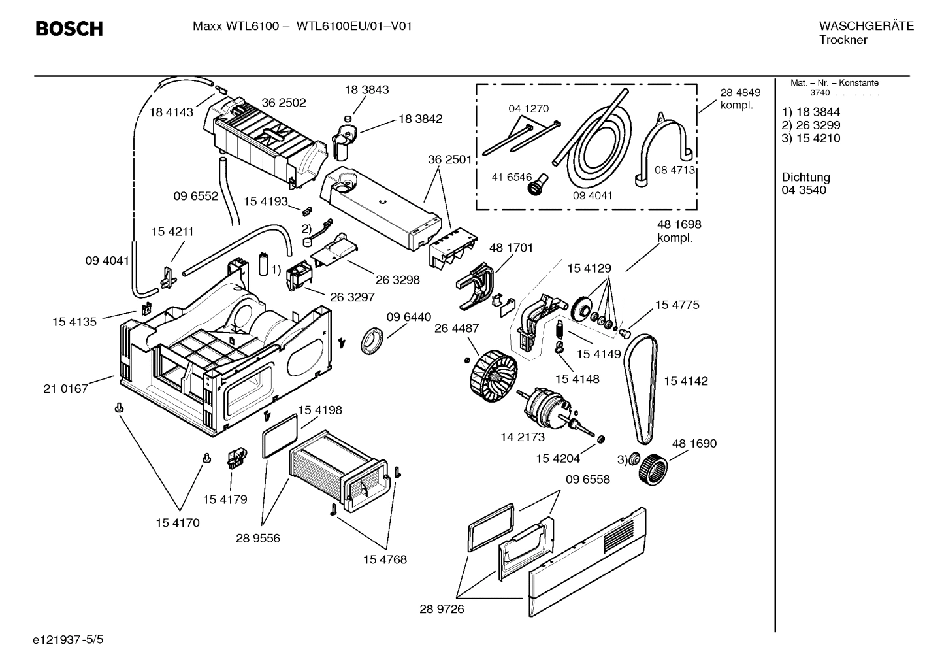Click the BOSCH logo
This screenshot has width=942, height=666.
(x=69, y=29)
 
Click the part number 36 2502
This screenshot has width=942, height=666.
(x=284, y=103)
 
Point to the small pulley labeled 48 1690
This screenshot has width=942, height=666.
(x=653, y=469)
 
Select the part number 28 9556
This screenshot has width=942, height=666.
(x=258, y=538)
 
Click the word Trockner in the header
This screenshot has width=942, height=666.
(x=843, y=40)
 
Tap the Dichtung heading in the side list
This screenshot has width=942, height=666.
(x=805, y=177)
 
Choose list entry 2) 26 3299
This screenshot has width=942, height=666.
(x=811, y=125)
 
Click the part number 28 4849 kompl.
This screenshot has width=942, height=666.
(x=740, y=99)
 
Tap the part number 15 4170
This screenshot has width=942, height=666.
(x=178, y=523)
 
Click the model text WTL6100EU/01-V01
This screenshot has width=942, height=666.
(x=353, y=27)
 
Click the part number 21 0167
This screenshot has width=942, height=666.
(x=65, y=389)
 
